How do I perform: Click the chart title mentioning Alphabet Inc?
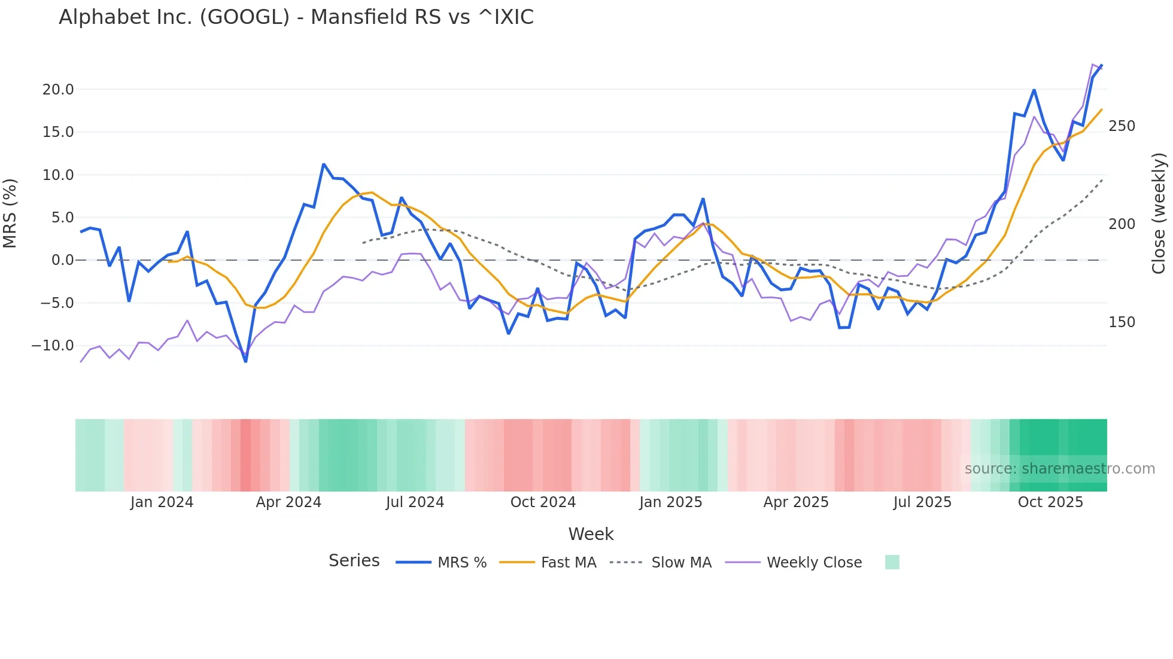click(296, 17)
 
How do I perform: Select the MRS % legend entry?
click(441, 562)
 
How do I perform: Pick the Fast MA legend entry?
click(548, 562)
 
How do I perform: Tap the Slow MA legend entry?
click(660, 562)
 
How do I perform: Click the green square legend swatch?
click(892, 562)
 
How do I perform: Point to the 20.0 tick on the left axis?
click(57, 90)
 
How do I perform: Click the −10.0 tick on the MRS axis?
click(53, 346)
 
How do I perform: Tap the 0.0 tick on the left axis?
click(62, 260)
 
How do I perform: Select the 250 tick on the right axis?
click(1122, 126)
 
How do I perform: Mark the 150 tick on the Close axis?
click(1122, 322)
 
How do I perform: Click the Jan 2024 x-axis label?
click(162, 502)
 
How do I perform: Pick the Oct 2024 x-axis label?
click(543, 502)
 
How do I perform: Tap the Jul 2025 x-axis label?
click(922, 502)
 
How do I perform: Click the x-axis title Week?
click(591, 534)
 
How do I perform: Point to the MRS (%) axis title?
click(10, 213)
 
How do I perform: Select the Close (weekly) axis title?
click(1159, 213)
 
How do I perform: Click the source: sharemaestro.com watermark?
click(1059, 469)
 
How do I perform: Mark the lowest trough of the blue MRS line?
click(245, 361)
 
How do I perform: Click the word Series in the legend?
click(354, 561)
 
